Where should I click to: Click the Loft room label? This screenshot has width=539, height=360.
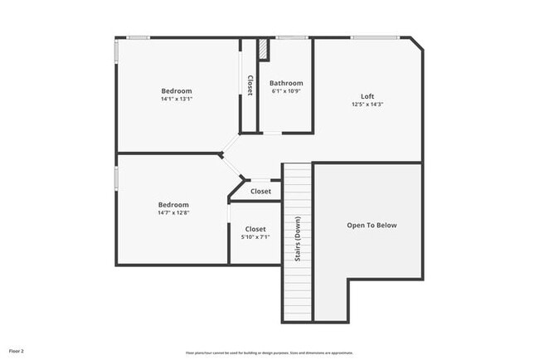click(x=367, y=95)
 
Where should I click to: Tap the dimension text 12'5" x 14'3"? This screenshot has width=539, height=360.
click(x=367, y=105)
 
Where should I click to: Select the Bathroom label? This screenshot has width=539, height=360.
click(x=286, y=83)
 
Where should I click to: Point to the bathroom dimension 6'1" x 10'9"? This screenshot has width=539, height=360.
click(x=286, y=91)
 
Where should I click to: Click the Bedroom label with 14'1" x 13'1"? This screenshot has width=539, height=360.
click(x=177, y=90)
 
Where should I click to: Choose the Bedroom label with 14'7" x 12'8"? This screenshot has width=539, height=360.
click(x=174, y=204)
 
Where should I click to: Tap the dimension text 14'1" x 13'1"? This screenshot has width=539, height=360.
click(x=177, y=99)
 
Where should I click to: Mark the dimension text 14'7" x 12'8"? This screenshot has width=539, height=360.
click(x=174, y=213)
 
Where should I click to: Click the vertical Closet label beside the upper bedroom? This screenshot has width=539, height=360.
click(x=250, y=85)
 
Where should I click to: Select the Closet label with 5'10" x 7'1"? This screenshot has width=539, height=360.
click(x=255, y=229)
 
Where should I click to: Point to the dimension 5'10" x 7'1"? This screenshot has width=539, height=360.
click(x=255, y=237)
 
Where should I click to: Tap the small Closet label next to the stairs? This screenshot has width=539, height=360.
click(x=261, y=191)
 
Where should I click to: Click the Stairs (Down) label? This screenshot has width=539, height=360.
click(x=298, y=241)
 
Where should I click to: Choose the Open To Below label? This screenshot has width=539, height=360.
click(x=371, y=225)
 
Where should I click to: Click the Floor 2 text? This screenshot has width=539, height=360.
click(x=17, y=352)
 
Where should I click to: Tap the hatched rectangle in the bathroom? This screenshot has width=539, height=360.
click(x=263, y=49)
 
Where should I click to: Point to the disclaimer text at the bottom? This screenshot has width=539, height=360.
click(x=269, y=352)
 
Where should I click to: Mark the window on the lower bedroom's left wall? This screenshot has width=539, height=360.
click(x=115, y=178)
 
